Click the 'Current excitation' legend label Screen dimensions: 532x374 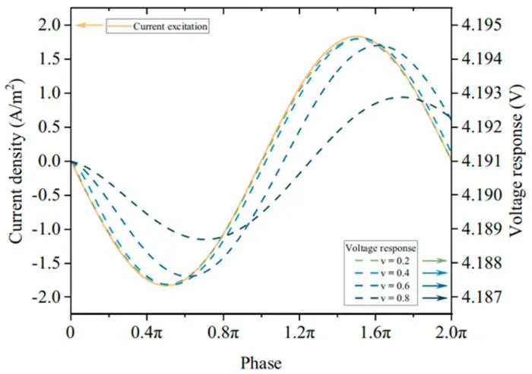pyautogui.click(x=170, y=27)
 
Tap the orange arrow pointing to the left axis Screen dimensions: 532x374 pyautogui.click(x=89, y=25)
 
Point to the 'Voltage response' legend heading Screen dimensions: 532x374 pyautogui.click(x=381, y=248)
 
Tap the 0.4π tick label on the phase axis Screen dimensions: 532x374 pyautogui.click(x=147, y=333)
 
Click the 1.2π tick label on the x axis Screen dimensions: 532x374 pyautogui.click(x=299, y=333)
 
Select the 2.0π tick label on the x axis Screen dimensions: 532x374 pyautogui.click(x=451, y=333)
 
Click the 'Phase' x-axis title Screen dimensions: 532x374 pyautogui.click(x=261, y=363)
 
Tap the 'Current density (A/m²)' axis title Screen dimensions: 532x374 pyautogui.click(x=17, y=161)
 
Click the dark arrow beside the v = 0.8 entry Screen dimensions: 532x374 pyautogui.click(x=435, y=298)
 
